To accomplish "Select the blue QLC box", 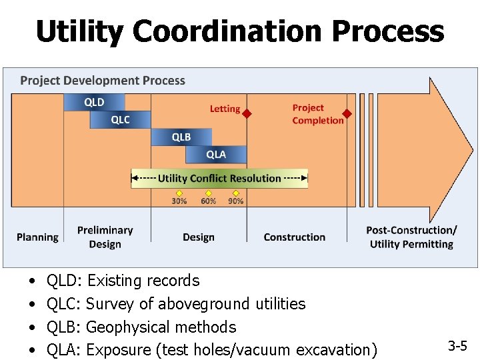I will click(x=120, y=119).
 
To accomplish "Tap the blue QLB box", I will click(x=181, y=137).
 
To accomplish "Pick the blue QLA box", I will click(x=215, y=154).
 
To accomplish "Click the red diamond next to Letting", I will click(x=247, y=114).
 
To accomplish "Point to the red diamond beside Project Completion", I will click(x=347, y=114).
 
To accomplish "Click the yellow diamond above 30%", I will click(x=179, y=193).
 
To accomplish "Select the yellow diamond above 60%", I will click(x=208, y=193).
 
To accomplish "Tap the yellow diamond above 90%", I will click(x=236, y=193).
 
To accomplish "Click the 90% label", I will click(x=236, y=201).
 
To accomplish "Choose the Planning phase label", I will click(x=37, y=237).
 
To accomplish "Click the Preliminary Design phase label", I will click(x=105, y=237).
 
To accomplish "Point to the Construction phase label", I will click(x=295, y=237).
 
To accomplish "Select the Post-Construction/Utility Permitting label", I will click(x=411, y=237).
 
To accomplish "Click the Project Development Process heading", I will click(x=103, y=81).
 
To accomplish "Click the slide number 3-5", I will click(x=457, y=346).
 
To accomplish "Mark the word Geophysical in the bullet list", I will click(x=127, y=327).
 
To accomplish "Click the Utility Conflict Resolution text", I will click(x=219, y=178).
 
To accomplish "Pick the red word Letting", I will click(x=225, y=109).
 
